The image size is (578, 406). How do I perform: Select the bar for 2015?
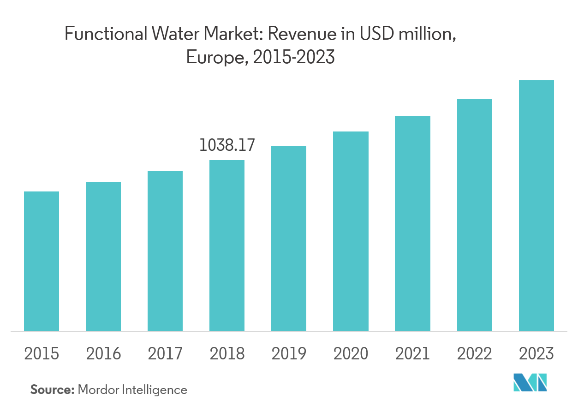(42, 261)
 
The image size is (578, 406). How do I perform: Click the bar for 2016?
(103, 257)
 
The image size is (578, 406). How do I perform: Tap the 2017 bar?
(165, 251)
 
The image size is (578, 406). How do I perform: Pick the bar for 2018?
(227, 245)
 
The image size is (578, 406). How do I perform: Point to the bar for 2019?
(289, 239)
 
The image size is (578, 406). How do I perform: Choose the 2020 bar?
(351, 231)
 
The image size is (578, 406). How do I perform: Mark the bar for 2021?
(412, 223)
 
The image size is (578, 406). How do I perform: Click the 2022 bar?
(474, 215)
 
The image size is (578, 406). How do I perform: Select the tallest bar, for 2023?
(536, 206)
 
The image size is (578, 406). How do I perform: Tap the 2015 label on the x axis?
(42, 354)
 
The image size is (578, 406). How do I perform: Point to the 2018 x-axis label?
(227, 354)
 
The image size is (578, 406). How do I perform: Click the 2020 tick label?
(351, 354)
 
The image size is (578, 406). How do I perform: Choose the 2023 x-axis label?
(536, 354)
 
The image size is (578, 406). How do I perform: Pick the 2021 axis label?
(412, 354)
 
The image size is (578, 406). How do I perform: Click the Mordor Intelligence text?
(132, 390)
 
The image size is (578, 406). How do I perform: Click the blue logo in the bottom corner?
(530, 382)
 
